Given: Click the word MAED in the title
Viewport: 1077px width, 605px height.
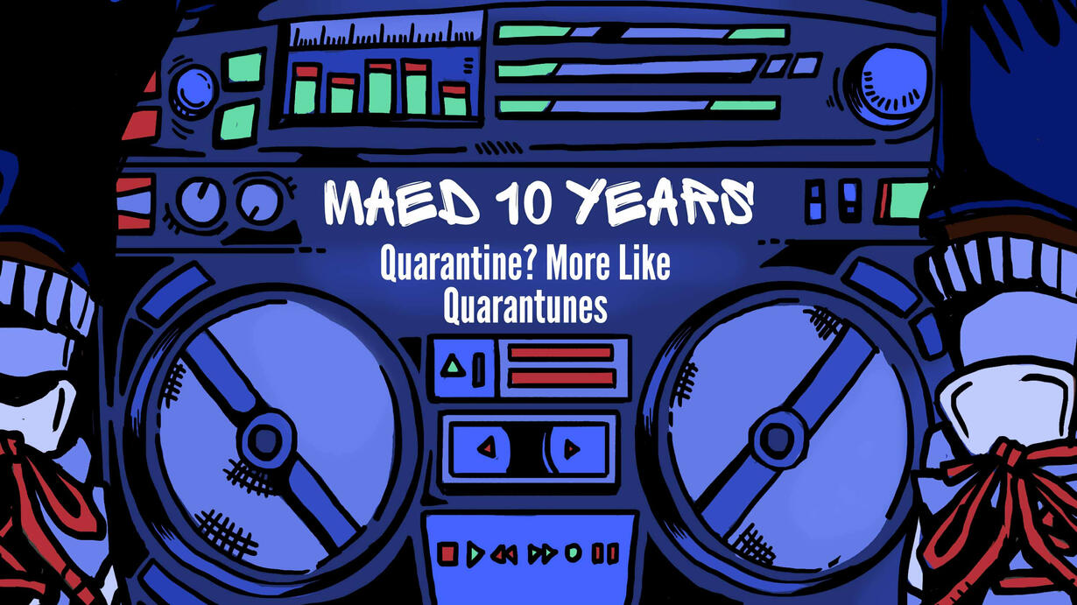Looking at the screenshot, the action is (402, 202).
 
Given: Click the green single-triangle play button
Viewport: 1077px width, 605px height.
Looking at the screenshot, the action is (475, 554).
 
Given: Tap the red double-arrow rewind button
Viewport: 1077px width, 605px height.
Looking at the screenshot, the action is (504, 555).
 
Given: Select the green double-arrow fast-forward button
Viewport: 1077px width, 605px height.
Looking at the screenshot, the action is (542, 554).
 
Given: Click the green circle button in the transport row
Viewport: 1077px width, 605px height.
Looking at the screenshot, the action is (573, 553).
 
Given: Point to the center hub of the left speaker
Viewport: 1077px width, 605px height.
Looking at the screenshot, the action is (264, 438).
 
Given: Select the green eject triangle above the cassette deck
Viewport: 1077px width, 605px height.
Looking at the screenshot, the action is (453, 366).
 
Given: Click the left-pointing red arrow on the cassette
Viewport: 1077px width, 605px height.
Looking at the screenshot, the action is (487, 448).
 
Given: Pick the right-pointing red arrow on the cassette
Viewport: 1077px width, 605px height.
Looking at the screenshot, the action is (572, 449).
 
